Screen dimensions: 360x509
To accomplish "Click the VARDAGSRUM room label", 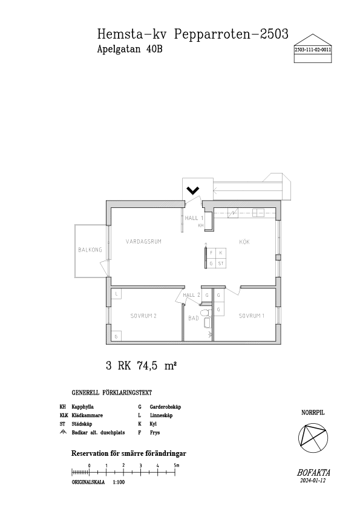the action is click(143, 242).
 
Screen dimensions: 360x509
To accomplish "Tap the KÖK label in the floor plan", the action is click(244, 242).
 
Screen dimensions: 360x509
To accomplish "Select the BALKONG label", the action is click(90, 250).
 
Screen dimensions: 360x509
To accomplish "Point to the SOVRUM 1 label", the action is click(252, 316).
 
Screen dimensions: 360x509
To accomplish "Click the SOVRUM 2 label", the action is click(143, 316).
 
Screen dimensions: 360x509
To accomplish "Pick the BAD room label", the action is click(194, 318).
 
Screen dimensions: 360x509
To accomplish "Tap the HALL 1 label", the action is click(194, 218).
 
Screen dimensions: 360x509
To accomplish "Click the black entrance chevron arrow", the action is click(192, 190).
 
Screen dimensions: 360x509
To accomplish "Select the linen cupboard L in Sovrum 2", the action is click(116, 294).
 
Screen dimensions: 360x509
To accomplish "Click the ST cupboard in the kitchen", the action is click(221, 263).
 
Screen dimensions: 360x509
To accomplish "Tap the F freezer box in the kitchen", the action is click(211, 253).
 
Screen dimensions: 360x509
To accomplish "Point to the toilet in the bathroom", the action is click(204, 313).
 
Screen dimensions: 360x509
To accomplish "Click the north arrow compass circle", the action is click(313, 438).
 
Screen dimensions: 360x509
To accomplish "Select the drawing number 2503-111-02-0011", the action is click(313, 50).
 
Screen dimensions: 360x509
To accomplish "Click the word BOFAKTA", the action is click(313, 473).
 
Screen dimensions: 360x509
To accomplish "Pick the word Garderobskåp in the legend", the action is click(165, 407).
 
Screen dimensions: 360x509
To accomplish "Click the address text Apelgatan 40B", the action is click(129, 49).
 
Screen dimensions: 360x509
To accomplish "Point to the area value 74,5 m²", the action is click(157, 366).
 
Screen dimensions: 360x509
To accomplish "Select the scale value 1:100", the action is click(119, 482).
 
